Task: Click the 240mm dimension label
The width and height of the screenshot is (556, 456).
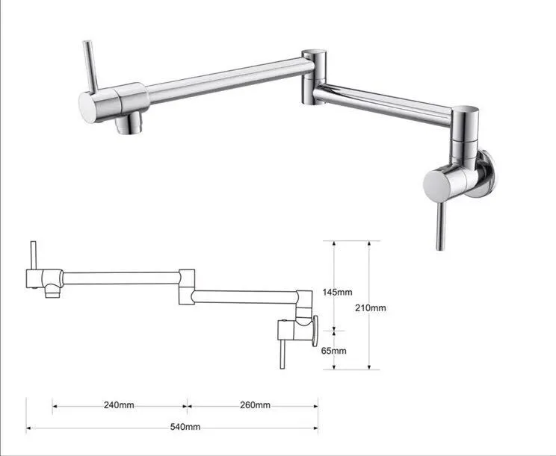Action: (x=119, y=405)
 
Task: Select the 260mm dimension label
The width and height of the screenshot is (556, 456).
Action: (x=255, y=405)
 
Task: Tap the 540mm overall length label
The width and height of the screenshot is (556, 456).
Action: (x=186, y=427)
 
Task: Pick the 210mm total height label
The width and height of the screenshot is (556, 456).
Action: (x=371, y=307)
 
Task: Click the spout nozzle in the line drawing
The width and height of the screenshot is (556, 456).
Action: (x=51, y=292)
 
